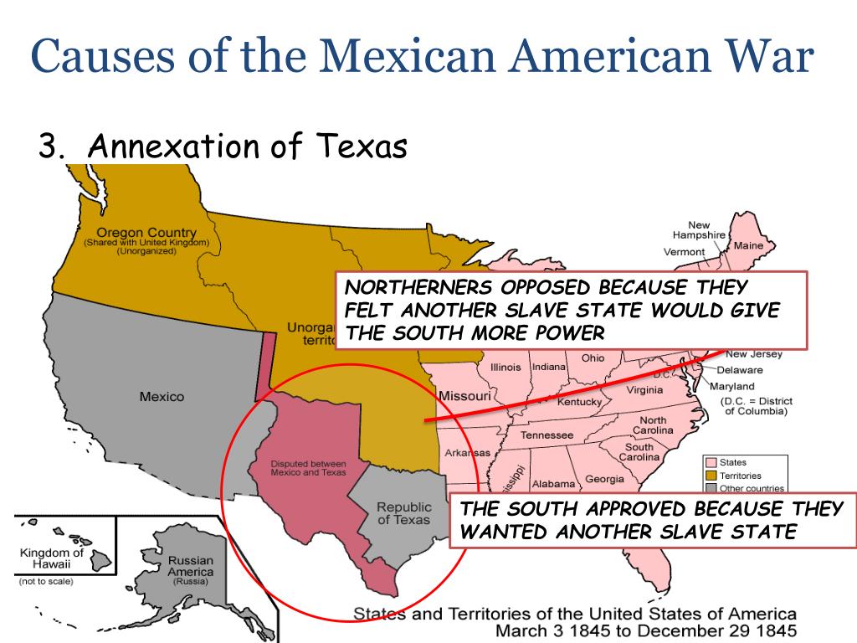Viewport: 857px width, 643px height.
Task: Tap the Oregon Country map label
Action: tap(146, 233)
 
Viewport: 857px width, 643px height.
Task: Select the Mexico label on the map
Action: tap(162, 396)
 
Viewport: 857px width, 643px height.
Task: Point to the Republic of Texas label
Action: tap(403, 513)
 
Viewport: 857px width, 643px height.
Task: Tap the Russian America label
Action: tap(191, 566)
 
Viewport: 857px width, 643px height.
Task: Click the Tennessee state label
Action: tap(547, 435)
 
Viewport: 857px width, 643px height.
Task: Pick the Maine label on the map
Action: tap(748, 246)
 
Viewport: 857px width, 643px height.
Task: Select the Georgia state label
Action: tap(604, 479)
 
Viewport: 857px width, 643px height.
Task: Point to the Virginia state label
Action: tap(644, 389)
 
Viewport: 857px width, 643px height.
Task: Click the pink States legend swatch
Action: tap(711, 463)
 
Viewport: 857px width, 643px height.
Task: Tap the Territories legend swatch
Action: tap(711, 476)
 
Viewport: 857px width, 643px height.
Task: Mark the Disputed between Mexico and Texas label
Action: tap(308, 468)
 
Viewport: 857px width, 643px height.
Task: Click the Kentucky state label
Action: tap(579, 402)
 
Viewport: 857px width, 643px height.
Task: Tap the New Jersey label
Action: tap(754, 354)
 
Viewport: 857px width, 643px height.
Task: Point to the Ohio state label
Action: tap(593, 358)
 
